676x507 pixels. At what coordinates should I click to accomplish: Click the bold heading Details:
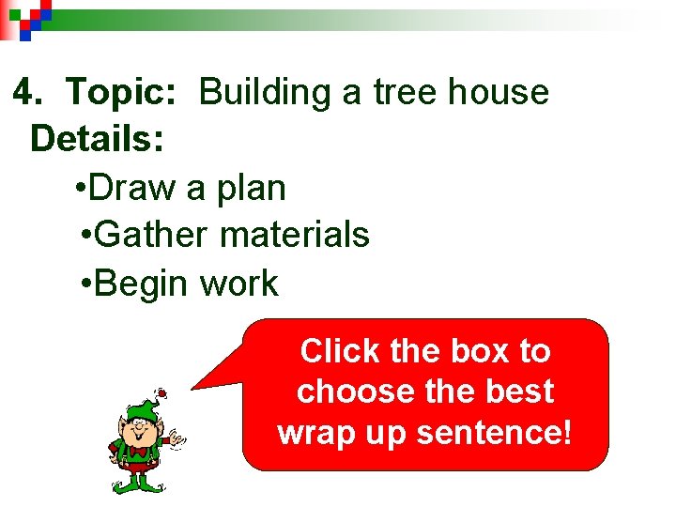click(98, 140)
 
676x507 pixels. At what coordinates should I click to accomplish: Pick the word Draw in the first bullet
click(136, 188)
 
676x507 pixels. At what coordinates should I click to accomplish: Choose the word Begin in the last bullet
click(142, 284)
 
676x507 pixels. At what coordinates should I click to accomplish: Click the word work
click(238, 284)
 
